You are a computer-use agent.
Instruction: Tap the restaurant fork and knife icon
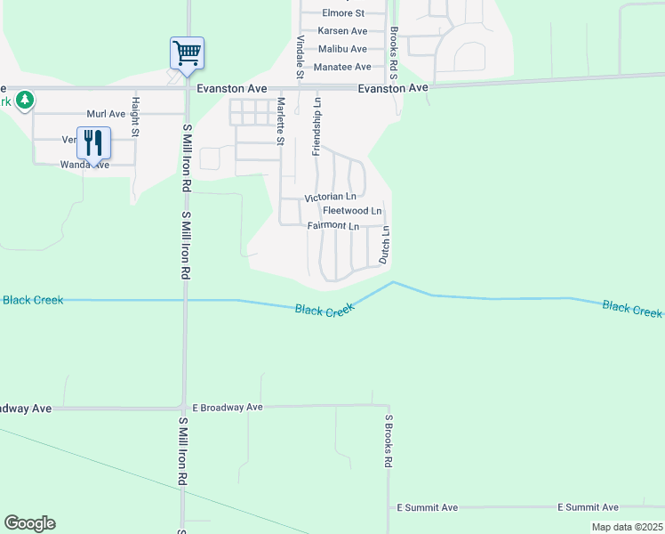pyautogui.click(x=93, y=142)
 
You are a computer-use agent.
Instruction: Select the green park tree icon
pyautogui.click(x=26, y=99)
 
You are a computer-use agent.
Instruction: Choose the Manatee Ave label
pyautogui.click(x=338, y=67)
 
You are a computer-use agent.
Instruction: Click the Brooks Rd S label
pyautogui.click(x=393, y=53)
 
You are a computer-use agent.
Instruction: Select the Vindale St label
pyautogui.click(x=300, y=60)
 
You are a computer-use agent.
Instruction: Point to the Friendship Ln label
pyautogui.click(x=316, y=127)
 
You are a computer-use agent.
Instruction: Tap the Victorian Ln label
pyautogui.click(x=331, y=196)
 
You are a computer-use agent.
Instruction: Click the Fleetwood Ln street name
pyautogui.click(x=352, y=211)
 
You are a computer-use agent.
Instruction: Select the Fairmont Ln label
pyautogui.click(x=332, y=226)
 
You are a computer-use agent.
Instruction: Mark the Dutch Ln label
pyautogui.click(x=385, y=244)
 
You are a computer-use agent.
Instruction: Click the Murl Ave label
pyautogui.click(x=106, y=114)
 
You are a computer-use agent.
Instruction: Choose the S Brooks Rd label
pyautogui.click(x=389, y=441)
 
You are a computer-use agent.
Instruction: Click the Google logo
pyautogui.click(x=29, y=523)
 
